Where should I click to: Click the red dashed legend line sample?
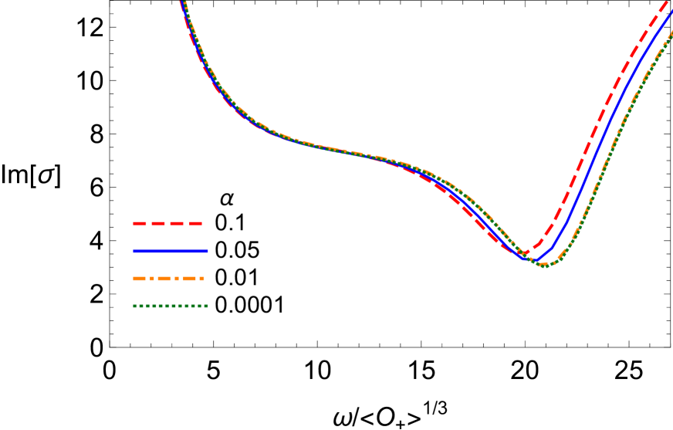tap(167, 223)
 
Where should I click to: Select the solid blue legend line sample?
tap(170, 251)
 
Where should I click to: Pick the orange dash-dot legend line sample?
tap(169, 279)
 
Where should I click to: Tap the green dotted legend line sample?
tap(170, 306)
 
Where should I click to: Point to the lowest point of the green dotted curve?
tap(543, 266)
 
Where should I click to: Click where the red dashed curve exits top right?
tap(666, 2)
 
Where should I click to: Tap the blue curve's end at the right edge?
tap(671, 11)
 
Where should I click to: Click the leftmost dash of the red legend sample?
tap(139, 223)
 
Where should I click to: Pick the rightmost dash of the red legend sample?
tap(196, 223)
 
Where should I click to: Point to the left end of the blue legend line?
tap(134, 251)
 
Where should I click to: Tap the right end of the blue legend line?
tap(207, 251)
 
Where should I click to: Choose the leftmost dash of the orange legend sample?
tap(139, 279)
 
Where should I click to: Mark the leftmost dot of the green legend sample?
tap(135, 306)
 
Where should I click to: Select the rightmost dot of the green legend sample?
tap(206, 306)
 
